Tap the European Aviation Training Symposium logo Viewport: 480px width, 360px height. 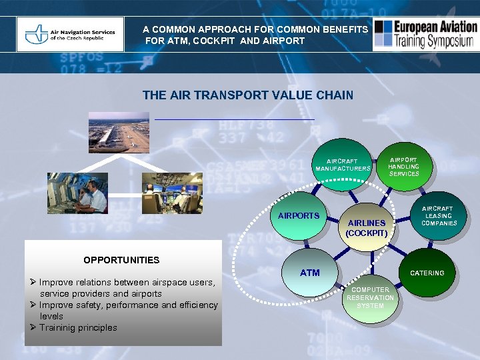tap(425, 35)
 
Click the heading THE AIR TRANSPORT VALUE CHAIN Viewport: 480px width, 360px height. tap(247, 95)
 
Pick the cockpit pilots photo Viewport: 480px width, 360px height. tap(172, 193)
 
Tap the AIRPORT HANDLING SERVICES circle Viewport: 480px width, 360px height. tap(404, 167)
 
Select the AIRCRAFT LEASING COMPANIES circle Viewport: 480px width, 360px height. tap(438, 216)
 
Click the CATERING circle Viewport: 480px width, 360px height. tap(427, 273)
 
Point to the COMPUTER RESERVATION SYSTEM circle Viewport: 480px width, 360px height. tap(370, 298)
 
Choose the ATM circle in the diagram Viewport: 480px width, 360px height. tap(310, 273)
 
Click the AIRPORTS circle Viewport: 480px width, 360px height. tap(299, 216)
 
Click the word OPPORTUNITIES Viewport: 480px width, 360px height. tap(121, 260)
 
